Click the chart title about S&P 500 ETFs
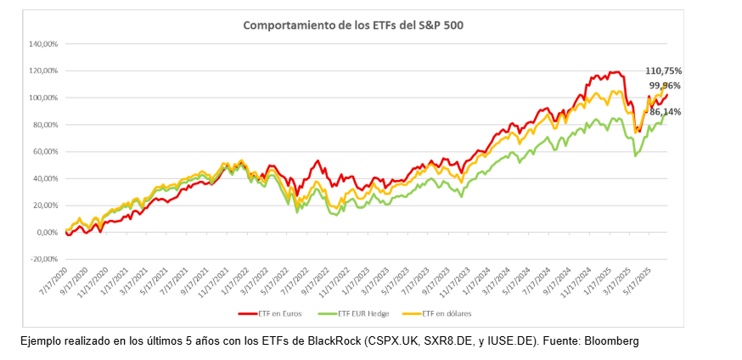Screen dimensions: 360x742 click(353, 25)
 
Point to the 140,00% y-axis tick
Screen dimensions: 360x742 click(42, 43)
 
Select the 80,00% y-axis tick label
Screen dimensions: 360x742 click(44, 125)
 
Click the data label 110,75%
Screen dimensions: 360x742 click(664, 71)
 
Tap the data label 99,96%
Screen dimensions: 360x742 click(665, 86)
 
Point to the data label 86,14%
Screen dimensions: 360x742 click(665, 111)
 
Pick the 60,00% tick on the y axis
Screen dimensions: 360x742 click(44, 151)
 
